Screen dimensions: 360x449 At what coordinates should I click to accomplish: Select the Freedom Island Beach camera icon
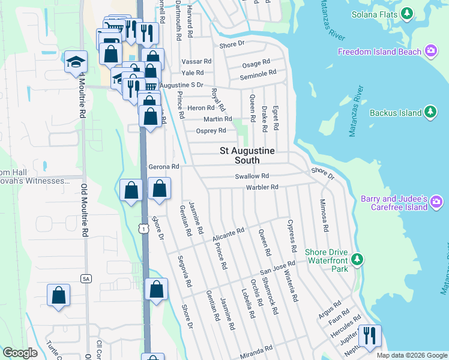tap(430, 52)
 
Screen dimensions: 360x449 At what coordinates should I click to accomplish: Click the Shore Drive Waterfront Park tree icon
tap(358, 259)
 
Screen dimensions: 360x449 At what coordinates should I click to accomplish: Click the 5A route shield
tap(85, 277)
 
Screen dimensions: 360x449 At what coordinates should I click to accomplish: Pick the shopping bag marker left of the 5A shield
tap(58, 295)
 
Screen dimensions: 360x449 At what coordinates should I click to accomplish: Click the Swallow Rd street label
tap(252, 176)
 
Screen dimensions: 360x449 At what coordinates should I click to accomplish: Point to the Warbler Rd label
tap(262, 187)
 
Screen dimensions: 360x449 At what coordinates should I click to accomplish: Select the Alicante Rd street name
tap(228, 235)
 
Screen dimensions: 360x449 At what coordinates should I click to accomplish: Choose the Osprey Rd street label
tap(211, 131)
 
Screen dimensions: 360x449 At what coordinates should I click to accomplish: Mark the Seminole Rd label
tap(258, 73)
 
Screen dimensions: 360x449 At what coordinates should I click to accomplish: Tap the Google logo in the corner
tap(20, 353)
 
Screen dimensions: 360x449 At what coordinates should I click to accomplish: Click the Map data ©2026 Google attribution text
tap(411, 355)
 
